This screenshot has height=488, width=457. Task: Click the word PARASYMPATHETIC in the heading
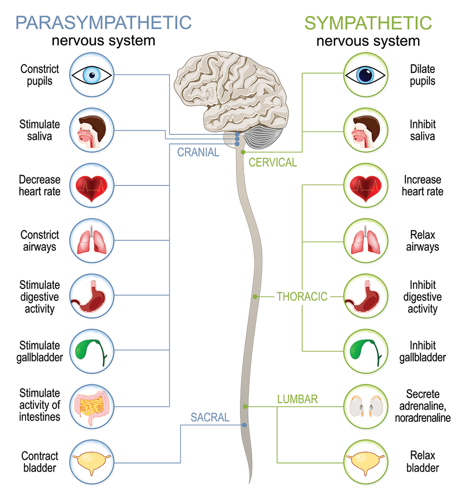pos(103,22)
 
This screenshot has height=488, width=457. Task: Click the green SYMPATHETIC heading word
pos(368,22)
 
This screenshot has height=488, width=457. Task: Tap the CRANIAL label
pos(198,153)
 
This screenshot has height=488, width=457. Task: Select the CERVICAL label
pos(273,162)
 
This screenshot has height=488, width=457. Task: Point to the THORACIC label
pos(302,296)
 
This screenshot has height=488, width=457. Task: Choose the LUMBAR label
pos(298,399)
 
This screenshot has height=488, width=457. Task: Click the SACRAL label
pos(210,417)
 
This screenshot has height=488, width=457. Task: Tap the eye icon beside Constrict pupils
pos(92,75)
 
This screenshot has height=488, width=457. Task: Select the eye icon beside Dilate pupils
pos(366,75)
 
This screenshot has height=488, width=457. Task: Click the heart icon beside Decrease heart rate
pos(92,186)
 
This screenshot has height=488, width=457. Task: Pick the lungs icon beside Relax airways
pos(366,241)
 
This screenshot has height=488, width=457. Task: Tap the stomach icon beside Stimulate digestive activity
pos(92,296)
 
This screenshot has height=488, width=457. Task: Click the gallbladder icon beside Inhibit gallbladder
pos(366,351)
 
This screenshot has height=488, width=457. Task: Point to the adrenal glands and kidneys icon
pos(366,406)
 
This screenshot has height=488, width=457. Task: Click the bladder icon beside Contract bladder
pos(92,461)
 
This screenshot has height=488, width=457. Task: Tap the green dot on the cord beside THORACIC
pos(255,296)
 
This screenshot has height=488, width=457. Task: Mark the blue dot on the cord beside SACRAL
pos(244,425)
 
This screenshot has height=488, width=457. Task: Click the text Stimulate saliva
pos(39,130)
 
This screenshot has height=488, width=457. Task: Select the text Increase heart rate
pos(422,186)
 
